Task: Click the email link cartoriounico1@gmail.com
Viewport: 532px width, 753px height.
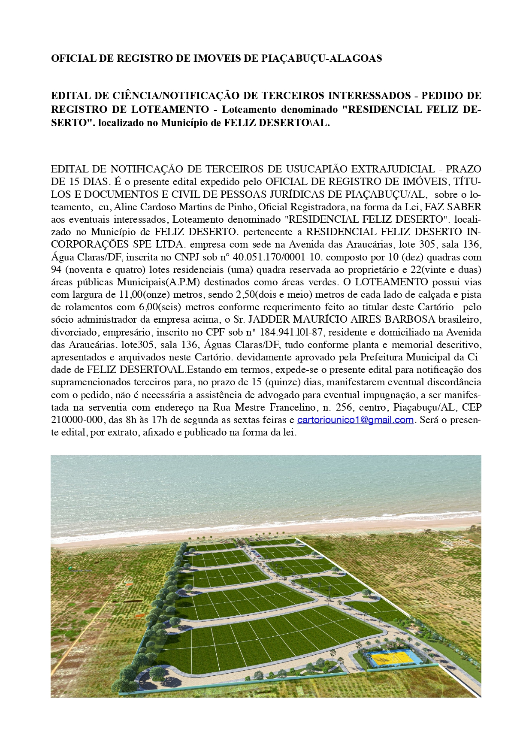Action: tap(355, 420)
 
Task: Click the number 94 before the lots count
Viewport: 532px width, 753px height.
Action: tap(57, 270)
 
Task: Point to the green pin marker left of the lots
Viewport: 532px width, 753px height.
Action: tap(70, 569)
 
